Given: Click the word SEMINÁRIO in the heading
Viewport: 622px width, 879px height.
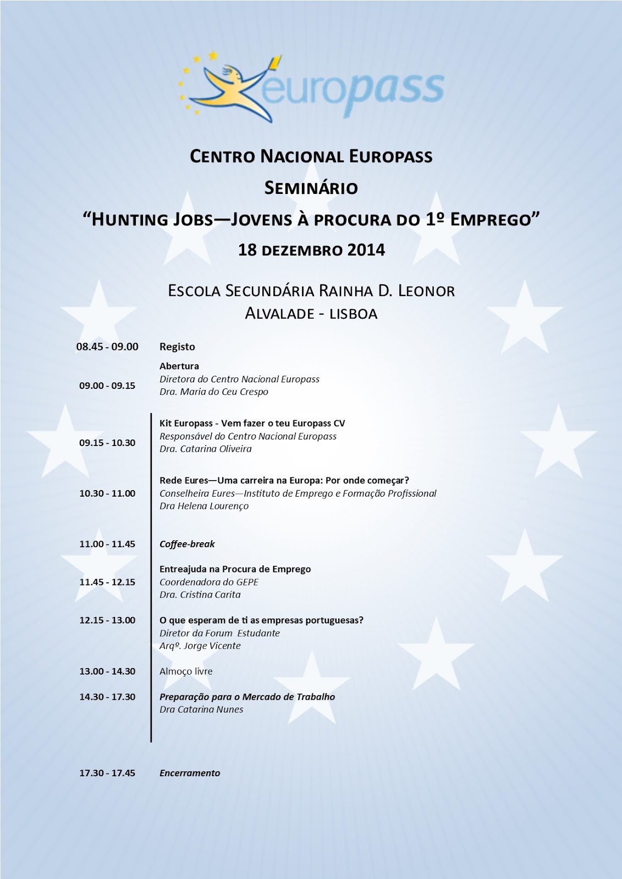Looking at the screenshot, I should coord(311,188).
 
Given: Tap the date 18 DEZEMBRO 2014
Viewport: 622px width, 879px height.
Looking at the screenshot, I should coord(311,250).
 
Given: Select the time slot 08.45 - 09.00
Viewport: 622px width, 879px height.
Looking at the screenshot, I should coord(107,347).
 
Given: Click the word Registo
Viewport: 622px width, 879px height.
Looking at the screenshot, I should coord(177,347).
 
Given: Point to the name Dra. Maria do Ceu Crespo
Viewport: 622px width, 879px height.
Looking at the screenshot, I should coord(214,392).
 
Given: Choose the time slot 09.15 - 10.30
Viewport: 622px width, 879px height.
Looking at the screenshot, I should coord(107,443).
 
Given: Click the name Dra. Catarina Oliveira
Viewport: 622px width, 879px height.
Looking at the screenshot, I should coord(206,449).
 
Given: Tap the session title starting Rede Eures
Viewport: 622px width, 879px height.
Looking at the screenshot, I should coord(284,480).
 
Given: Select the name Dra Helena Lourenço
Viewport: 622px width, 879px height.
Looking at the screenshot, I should coord(204,506).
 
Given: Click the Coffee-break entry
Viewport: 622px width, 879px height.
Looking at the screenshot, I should coord(187,544).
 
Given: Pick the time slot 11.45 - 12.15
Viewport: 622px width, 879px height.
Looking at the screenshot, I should coord(107,582).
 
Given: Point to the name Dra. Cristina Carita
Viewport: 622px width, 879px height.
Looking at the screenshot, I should coord(200,594).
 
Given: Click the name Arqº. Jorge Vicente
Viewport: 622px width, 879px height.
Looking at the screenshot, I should coord(200,646).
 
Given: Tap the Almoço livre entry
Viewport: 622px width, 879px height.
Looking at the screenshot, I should coord(186,671).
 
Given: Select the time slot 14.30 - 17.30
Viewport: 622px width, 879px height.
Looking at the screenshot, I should coord(107,697).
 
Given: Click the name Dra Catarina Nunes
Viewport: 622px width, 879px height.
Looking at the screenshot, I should coord(201,709).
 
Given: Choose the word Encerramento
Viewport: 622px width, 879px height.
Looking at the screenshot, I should coord(190,773).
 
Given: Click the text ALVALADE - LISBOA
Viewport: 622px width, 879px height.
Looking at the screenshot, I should coord(311,314).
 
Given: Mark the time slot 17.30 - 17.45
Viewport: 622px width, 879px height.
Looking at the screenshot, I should coord(107,773).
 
